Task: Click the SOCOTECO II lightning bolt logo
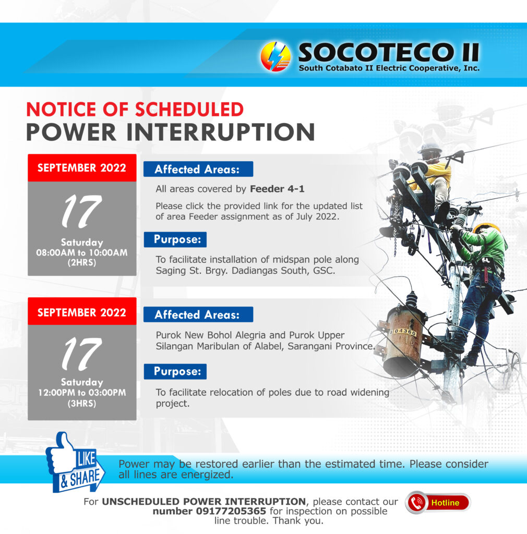point(276,56)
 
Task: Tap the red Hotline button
point(438,502)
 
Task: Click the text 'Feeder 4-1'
point(277,189)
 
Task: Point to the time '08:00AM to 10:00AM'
point(82,253)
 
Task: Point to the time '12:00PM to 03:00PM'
point(82,393)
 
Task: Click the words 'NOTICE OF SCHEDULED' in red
point(135,110)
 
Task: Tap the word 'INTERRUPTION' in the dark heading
point(221,132)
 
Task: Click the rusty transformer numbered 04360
point(403,341)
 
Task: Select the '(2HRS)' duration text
point(82,263)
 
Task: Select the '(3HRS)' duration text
point(82,404)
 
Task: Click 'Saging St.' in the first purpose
point(171,271)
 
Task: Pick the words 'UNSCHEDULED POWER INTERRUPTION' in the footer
point(203,501)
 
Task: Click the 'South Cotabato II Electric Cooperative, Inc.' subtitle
point(389,68)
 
